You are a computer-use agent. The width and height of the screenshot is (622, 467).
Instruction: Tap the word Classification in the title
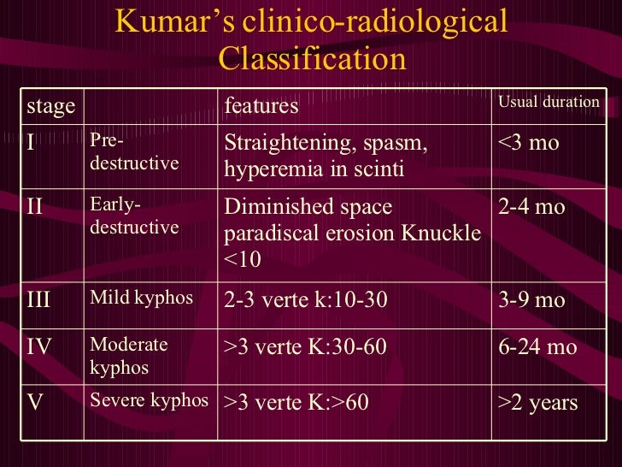click(x=312, y=59)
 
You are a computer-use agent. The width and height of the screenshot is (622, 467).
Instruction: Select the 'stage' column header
click(x=50, y=106)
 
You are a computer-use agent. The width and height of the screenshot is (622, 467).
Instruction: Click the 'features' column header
click(x=261, y=106)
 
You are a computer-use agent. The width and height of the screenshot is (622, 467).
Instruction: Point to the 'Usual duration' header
click(x=549, y=103)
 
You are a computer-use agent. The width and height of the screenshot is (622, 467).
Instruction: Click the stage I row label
click(x=31, y=142)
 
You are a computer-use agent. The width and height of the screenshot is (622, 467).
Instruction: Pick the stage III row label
click(x=39, y=300)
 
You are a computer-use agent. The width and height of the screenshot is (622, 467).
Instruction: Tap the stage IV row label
click(x=39, y=346)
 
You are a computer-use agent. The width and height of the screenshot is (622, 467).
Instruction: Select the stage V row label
click(x=35, y=402)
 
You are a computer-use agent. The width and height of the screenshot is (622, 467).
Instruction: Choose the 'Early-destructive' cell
click(x=134, y=216)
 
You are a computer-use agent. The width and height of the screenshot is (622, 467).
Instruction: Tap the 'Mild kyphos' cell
click(x=141, y=299)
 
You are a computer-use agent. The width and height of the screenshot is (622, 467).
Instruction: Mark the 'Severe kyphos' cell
click(x=149, y=400)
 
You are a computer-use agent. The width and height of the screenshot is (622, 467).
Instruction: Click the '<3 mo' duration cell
click(x=528, y=142)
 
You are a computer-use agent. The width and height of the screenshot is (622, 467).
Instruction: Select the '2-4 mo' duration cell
click(x=531, y=208)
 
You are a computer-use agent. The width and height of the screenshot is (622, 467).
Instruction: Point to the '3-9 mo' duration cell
click(x=531, y=300)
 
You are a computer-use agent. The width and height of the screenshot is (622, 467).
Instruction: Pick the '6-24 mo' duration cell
click(x=537, y=346)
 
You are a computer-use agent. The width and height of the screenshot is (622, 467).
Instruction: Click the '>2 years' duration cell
click(x=537, y=402)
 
